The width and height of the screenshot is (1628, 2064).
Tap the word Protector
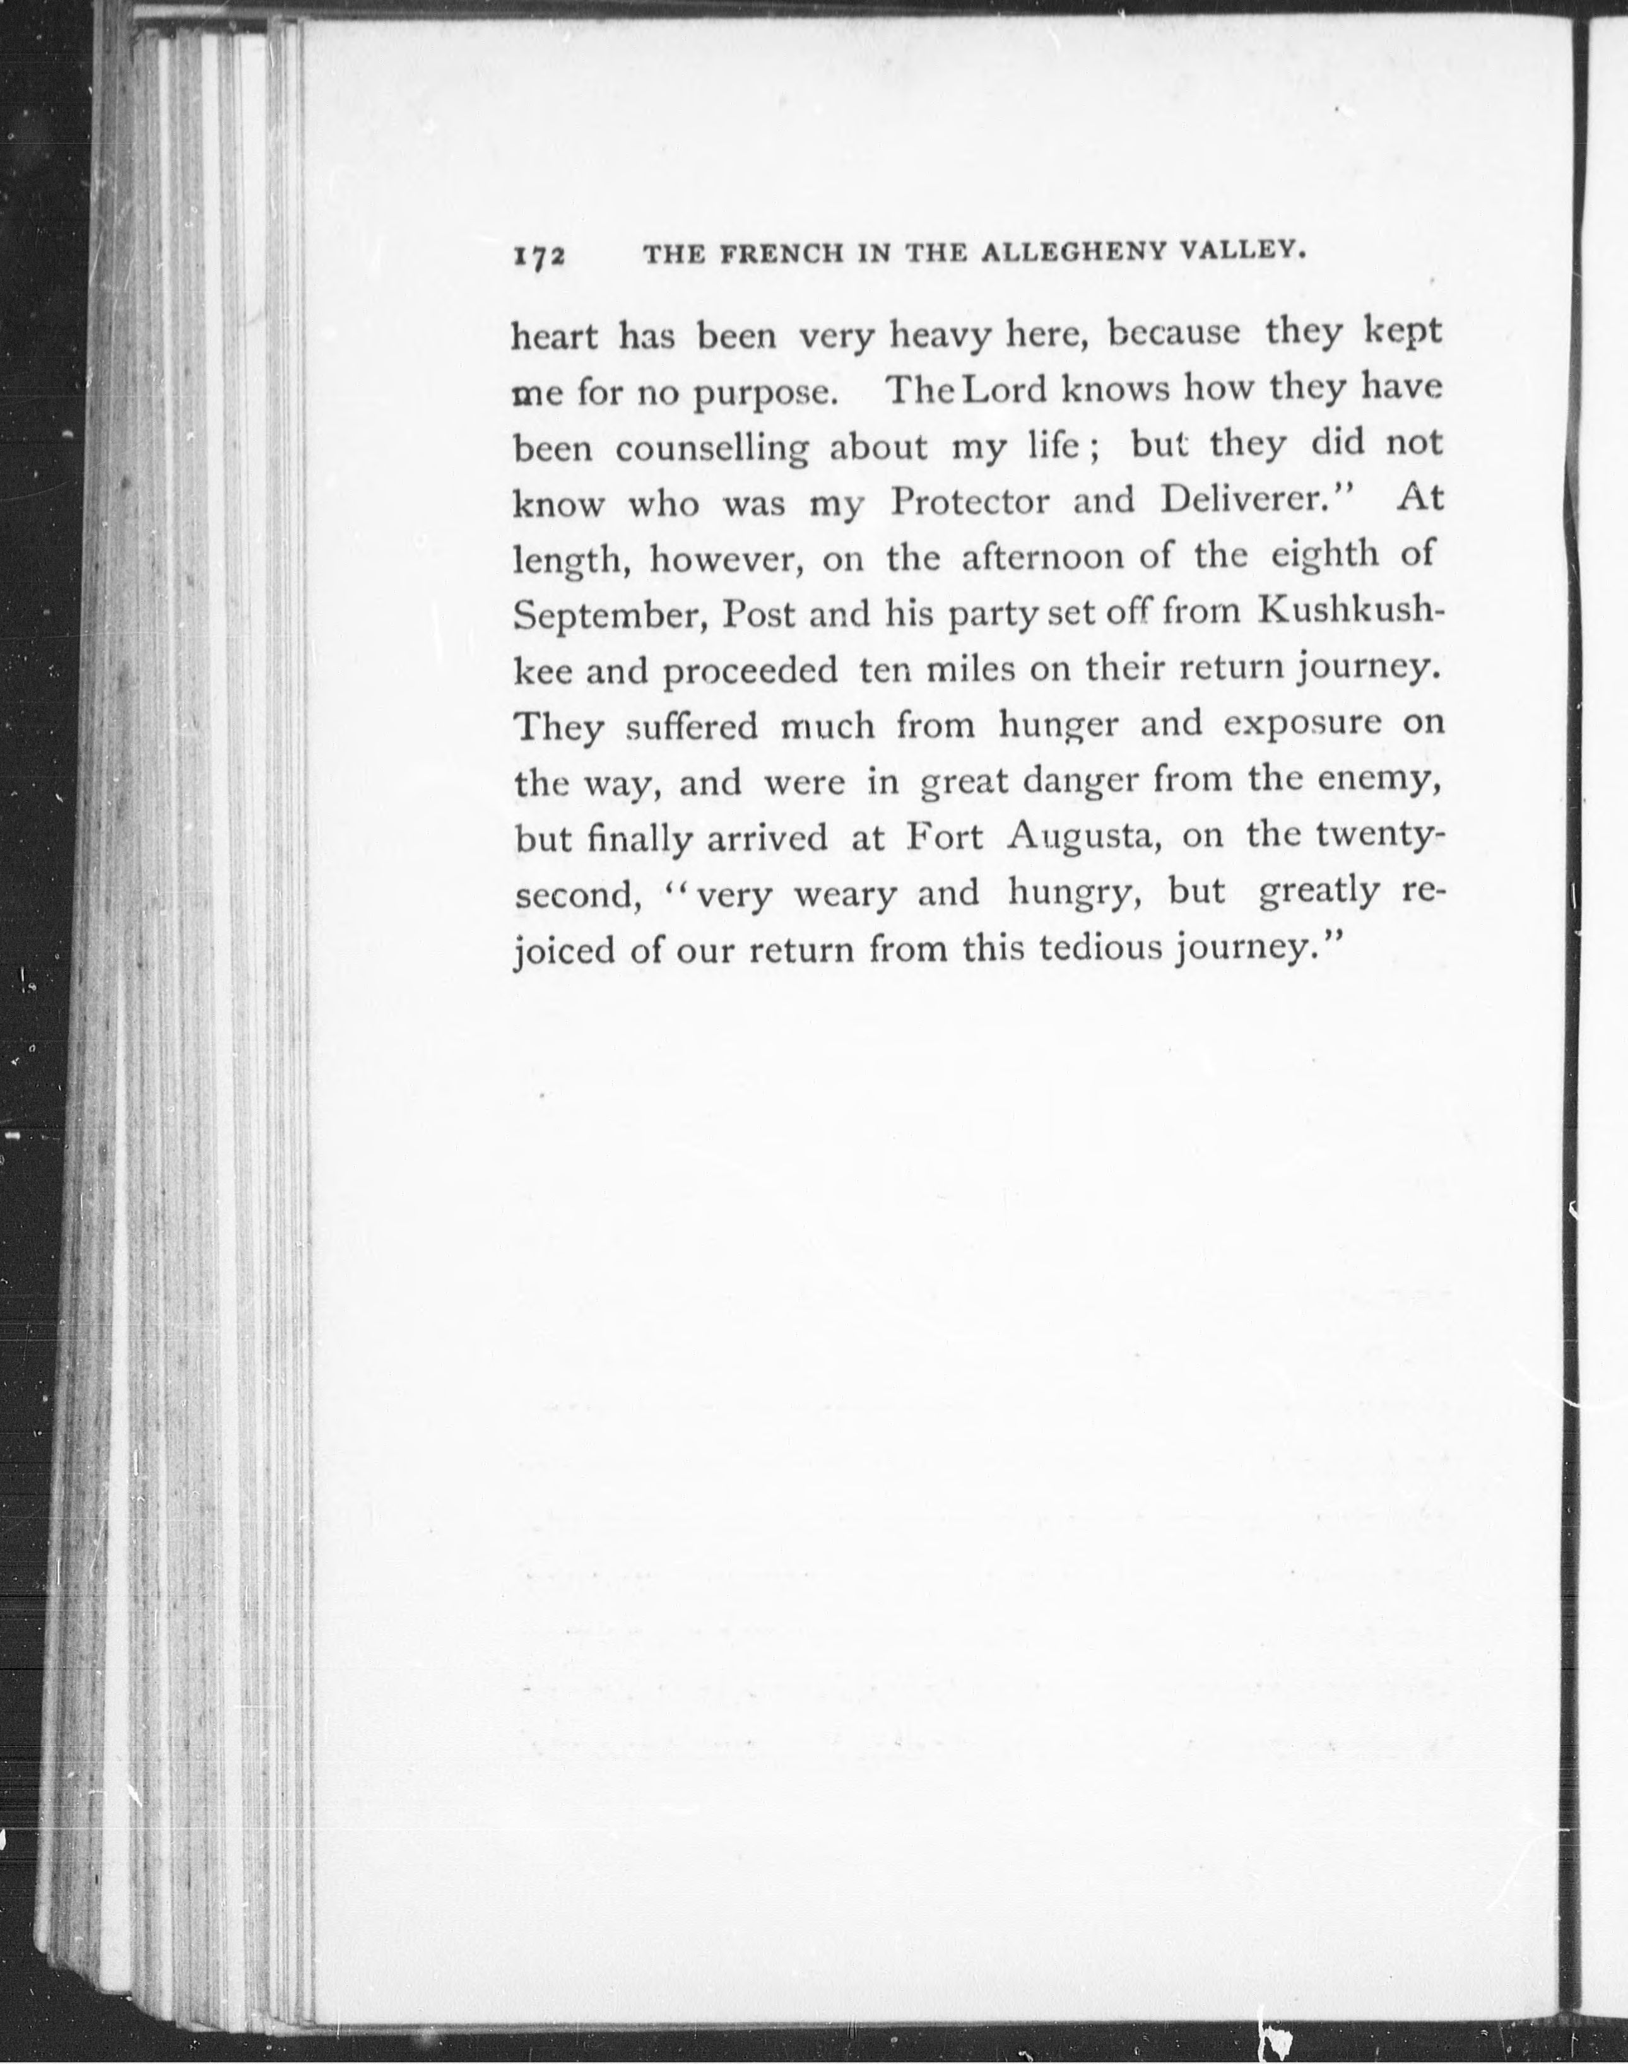click(x=969, y=502)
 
